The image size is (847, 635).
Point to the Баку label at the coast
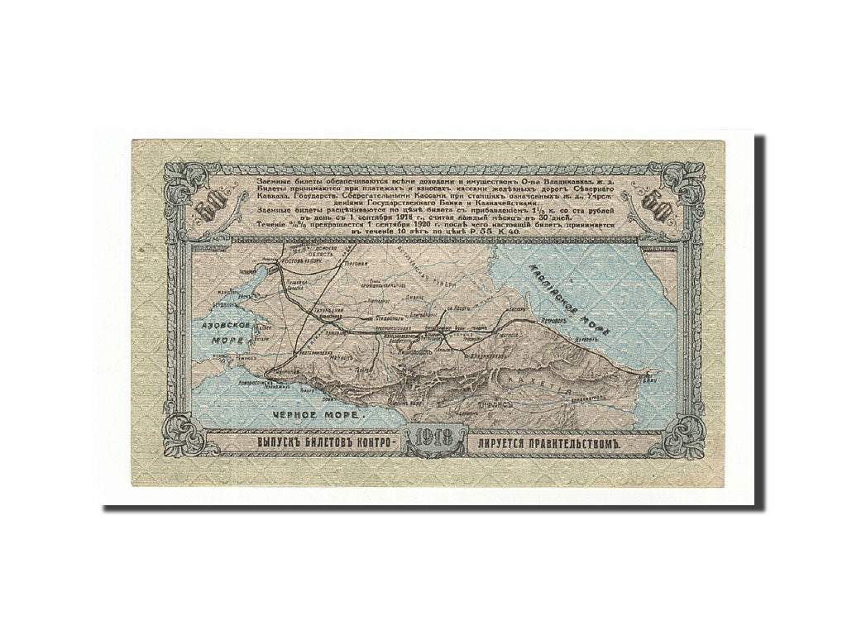(645, 379)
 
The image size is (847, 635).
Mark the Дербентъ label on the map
(591, 338)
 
